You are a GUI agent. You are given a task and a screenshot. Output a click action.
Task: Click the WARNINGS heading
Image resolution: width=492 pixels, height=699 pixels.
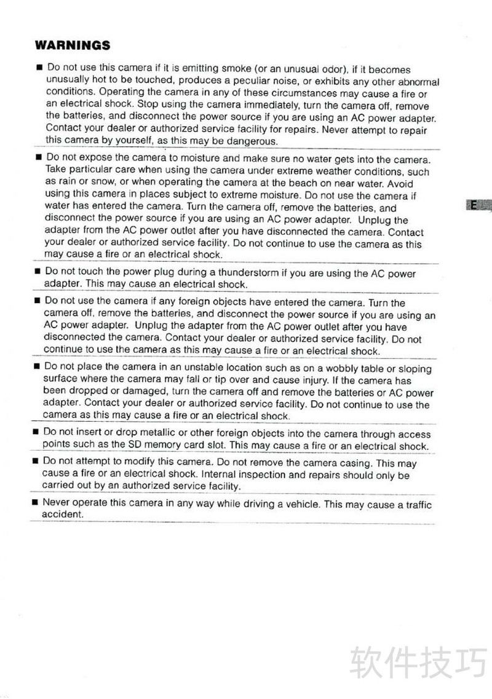[x=73, y=45]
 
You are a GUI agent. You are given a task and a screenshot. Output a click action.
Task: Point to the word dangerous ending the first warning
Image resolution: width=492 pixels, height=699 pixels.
[x=253, y=141]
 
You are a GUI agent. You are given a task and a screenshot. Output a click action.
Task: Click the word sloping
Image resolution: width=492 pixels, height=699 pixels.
[x=415, y=369]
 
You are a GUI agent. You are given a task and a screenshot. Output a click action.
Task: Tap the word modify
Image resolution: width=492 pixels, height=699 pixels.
[x=153, y=462]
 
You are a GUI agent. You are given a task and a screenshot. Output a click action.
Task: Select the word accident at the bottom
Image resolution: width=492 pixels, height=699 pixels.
[x=61, y=515]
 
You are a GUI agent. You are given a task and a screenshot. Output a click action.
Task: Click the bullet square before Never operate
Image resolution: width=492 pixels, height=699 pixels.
[x=35, y=503]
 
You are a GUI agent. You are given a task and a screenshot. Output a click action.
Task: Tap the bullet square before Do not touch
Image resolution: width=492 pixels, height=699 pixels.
[x=37, y=272]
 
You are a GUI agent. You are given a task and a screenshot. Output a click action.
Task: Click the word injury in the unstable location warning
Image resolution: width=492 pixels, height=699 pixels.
[x=312, y=381]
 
